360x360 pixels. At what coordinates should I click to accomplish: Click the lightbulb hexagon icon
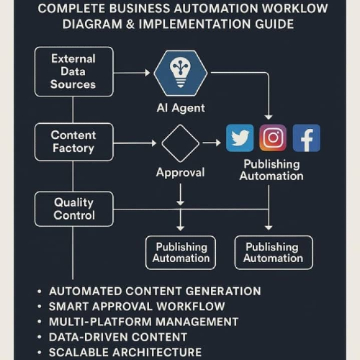coord(181,73)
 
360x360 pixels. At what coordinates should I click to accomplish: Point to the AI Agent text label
coord(181,108)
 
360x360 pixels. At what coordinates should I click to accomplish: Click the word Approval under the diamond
coord(180,173)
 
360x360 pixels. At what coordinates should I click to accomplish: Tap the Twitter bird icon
coord(240,138)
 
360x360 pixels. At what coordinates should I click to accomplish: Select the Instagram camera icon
coord(273,138)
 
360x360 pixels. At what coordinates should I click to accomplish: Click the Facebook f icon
coord(307,138)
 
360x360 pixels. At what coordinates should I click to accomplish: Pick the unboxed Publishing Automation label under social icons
coord(271,170)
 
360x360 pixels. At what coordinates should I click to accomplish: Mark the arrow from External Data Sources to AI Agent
coord(132,73)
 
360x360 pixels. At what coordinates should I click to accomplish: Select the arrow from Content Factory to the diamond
coord(135,143)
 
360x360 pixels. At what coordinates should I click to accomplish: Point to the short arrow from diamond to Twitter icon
coord(212,143)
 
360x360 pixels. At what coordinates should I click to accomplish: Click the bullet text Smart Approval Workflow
coord(137,307)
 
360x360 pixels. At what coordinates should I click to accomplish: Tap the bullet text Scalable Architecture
coord(125,352)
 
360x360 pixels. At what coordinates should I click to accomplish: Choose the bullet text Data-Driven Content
coord(118,337)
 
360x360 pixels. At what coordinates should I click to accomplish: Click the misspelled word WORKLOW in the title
coord(294,9)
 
